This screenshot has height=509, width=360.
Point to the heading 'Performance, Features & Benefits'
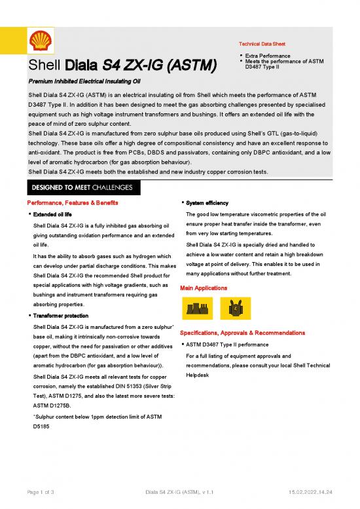pyautogui.click(x=72, y=203)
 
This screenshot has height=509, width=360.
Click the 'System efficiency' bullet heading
pyautogui.click(x=208, y=203)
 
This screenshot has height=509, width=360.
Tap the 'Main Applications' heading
pyautogui.click(x=204, y=288)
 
